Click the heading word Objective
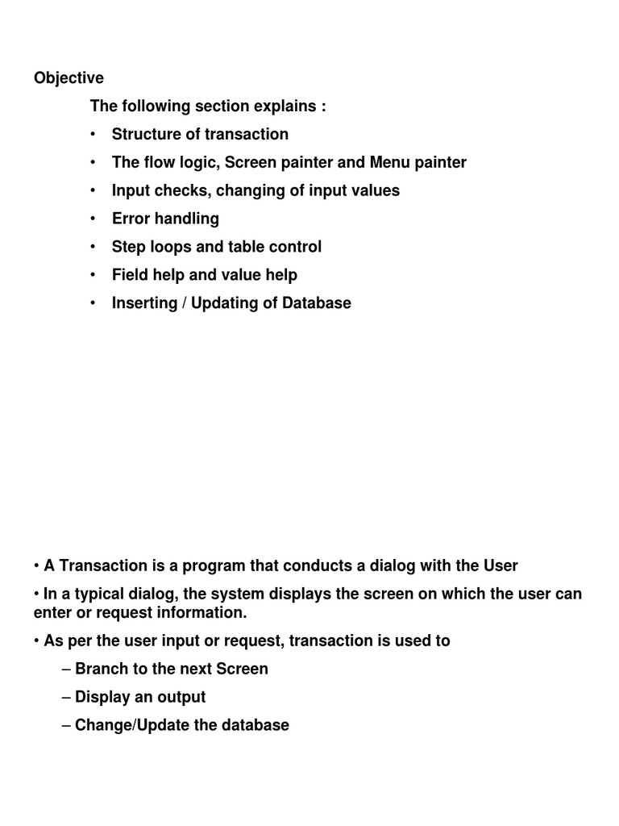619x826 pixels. [x=69, y=78]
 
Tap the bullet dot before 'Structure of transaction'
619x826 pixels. [x=93, y=134]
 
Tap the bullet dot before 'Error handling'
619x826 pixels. [x=93, y=219]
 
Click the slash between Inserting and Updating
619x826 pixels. [x=185, y=303]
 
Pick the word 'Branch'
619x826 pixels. [x=100, y=669]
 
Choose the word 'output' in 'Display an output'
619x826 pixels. [x=181, y=697]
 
